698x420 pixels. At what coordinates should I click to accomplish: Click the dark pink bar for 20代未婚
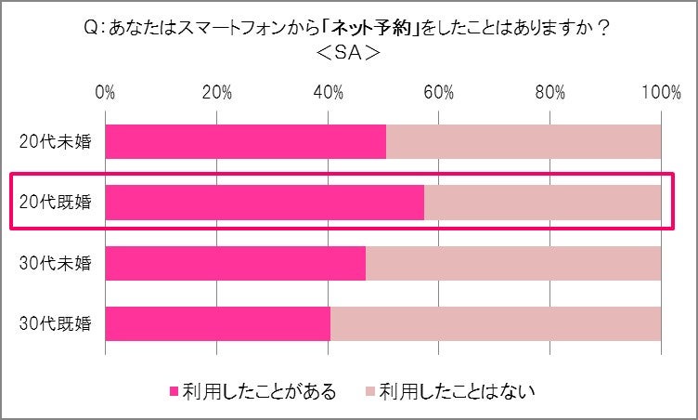pos(245,142)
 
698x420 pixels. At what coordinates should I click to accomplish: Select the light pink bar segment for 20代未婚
pos(523,142)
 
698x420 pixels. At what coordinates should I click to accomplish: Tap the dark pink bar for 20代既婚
pos(265,202)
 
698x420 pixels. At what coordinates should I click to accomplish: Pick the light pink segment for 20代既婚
pos(542,202)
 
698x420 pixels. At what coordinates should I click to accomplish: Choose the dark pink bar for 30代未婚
pos(236,263)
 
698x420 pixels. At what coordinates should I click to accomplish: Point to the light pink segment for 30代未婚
pos(513,263)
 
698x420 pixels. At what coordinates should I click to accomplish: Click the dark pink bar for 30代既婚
pos(218,323)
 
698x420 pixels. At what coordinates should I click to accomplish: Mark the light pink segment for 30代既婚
pos(496,323)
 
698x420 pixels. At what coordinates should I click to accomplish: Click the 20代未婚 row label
pos(55,142)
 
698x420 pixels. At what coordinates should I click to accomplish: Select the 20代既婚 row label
pos(55,202)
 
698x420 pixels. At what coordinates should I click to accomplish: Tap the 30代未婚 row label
pos(55,263)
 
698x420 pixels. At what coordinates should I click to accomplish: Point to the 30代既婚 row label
pos(55,323)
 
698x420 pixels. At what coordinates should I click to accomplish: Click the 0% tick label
pos(105,93)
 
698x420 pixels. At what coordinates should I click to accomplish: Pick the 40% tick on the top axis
pos(328,93)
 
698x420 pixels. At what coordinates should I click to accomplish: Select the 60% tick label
pos(439,93)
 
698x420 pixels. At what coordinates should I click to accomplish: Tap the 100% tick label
pos(661,93)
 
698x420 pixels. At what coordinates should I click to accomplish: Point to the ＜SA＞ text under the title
pos(348,54)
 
